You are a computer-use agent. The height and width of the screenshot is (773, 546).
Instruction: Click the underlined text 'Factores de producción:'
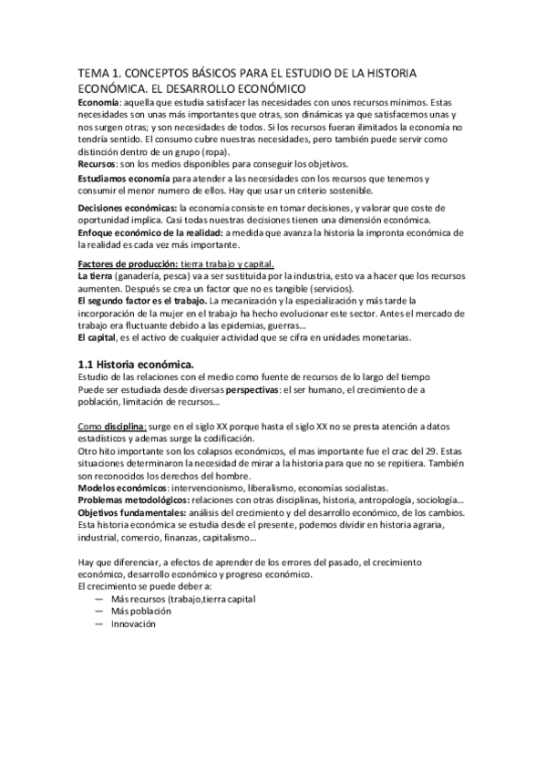(128, 263)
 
